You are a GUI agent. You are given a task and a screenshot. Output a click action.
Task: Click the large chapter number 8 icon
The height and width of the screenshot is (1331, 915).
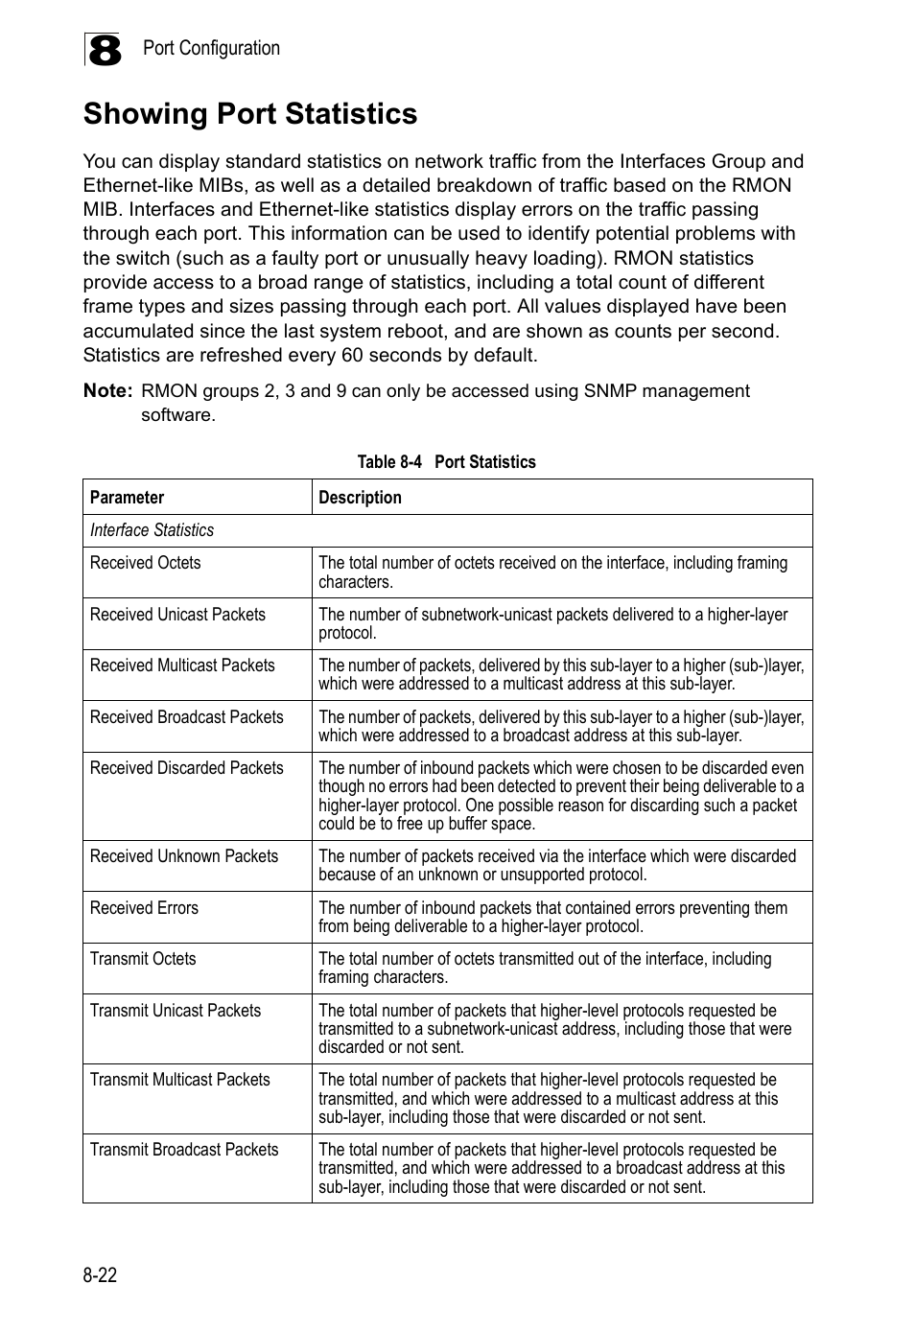pyautogui.click(x=103, y=51)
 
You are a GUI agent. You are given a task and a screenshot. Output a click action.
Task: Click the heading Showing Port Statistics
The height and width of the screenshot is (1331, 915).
pyautogui.click(x=250, y=114)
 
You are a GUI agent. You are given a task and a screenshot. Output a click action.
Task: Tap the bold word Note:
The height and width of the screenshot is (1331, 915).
pyautogui.click(x=107, y=391)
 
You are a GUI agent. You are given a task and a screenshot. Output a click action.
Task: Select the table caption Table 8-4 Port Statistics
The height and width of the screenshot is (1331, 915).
pyautogui.click(x=446, y=462)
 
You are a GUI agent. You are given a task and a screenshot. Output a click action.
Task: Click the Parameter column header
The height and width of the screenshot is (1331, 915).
pyautogui.click(x=127, y=498)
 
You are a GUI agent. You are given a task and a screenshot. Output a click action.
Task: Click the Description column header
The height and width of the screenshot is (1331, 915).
pyautogui.click(x=360, y=498)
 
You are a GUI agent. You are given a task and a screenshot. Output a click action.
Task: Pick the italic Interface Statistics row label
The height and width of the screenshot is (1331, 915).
pyautogui.click(x=152, y=530)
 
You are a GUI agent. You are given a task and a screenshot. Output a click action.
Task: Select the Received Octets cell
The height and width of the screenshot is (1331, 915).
pyautogui.click(x=145, y=563)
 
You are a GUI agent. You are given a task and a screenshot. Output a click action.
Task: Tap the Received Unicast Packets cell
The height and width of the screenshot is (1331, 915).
pyautogui.click(x=177, y=615)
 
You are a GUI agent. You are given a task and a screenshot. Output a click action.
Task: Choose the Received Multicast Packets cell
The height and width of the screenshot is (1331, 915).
pyautogui.click(x=182, y=665)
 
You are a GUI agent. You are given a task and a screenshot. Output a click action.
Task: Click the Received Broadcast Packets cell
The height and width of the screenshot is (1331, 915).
pyautogui.click(x=186, y=717)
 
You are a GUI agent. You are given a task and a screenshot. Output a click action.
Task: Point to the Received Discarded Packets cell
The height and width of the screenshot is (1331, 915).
pyautogui.click(x=186, y=768)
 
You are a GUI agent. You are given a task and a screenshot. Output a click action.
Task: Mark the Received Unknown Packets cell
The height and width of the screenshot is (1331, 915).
pyautogui.click(x=183, y=856)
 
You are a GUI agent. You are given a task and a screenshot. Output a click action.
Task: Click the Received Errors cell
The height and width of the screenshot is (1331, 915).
pyautogui.click(x=144, y=908)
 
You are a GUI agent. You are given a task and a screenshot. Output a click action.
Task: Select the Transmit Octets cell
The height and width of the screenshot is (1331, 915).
pyautogui.click(x=142, y=959)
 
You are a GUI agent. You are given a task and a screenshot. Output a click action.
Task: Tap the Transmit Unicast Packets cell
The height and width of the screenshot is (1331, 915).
pyautogui.click(x=175, y=1011)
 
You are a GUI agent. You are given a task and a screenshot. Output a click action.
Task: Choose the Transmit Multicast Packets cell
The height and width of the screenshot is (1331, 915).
pyautogui.click(x=179, y=1080)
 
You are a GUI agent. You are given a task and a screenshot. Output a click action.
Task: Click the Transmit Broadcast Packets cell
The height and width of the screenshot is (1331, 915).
pyautogui.click(x=183, y=1150)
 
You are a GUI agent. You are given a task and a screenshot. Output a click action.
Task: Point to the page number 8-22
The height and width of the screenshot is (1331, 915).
pyautogui.click(x=100, y=1275)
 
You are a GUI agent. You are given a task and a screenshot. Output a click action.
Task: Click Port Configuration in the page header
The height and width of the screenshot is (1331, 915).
pyautogui.click(x=211, y=48)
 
